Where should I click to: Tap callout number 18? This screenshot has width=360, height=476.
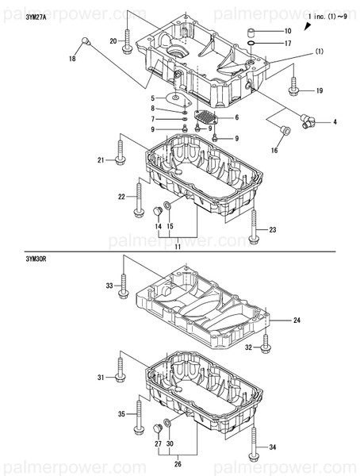point(73,59)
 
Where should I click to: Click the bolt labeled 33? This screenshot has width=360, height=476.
point(123,286)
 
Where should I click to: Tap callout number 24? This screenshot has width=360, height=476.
point(297,321)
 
